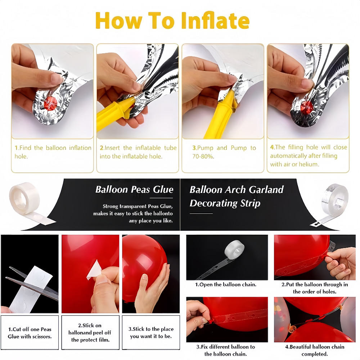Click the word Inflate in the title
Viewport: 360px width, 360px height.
(x=215, y=21)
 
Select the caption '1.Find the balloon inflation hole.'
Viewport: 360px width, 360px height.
(x=53, y=152)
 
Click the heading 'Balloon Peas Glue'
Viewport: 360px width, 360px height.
(x=134, y=189)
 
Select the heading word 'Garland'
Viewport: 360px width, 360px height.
(x=266, y=190)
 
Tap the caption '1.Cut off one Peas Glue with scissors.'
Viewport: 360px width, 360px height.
(x=30, y=333)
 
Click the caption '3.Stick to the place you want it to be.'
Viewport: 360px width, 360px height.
(x=151, y=333)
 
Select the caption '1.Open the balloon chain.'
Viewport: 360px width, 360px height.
(x=226, y=285)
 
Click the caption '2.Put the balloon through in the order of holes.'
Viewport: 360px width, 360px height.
(x=315, y=288)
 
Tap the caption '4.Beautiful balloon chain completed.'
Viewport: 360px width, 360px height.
(x=315, y=350)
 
